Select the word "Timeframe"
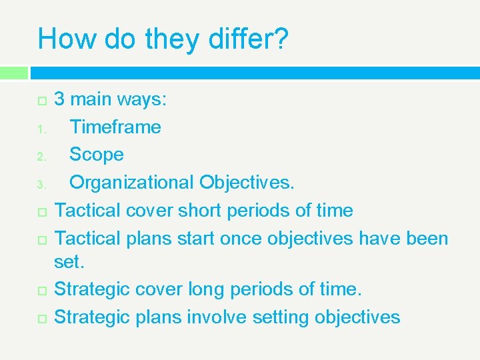[115, 127]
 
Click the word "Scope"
[97, 155]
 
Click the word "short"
[198, 210]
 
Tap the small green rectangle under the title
[14, 72]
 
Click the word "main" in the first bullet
[91, 99]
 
